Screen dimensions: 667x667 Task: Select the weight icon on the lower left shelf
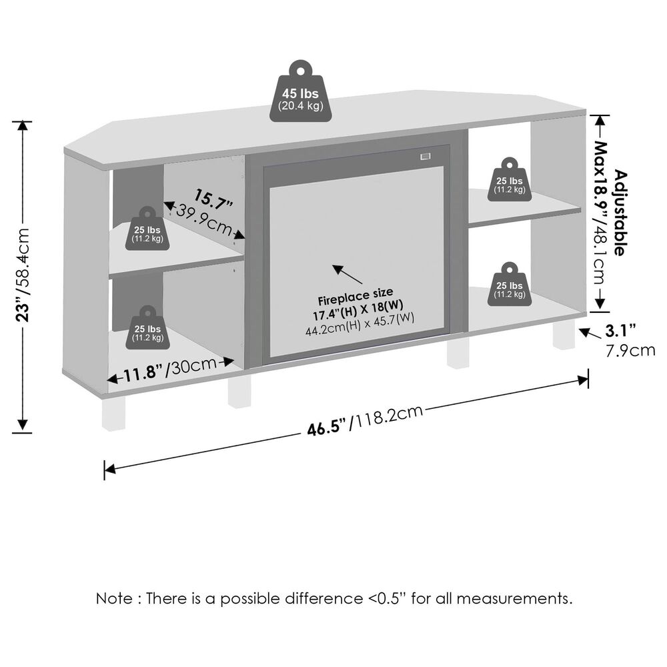coord(147,328)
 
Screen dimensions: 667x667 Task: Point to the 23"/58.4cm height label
coord(23,273)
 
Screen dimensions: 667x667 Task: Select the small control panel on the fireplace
coord(424,157)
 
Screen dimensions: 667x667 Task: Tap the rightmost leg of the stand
coord(563,336)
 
